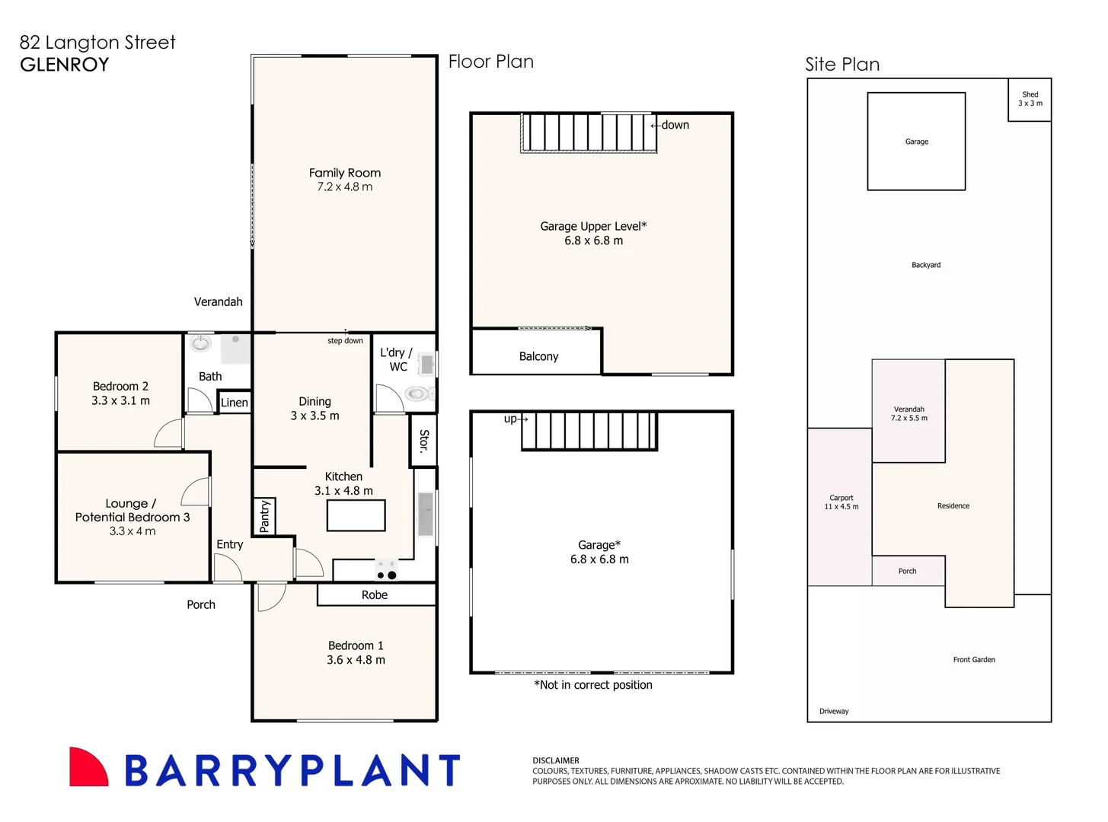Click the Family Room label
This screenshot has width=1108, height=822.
[x=344, y=173]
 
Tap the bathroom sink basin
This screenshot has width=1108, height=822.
[x=201, y=343]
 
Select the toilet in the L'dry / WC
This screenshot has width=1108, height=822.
[x=418, y=394]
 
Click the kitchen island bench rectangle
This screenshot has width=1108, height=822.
[x=356, y=515]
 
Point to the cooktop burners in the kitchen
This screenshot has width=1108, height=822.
[x=387, y=570]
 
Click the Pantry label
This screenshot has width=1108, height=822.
[x=264, y=516]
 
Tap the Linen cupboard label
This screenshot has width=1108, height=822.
[x=235, y=403]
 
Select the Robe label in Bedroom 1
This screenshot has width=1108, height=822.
[x=374, y=594]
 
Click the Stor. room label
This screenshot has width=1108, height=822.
[x=423, y=441]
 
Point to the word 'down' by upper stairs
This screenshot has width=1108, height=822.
[x=675, y=125]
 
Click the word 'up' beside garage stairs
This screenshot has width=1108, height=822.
[x=510, y=419]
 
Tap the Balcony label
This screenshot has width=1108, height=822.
[x=538, y=356]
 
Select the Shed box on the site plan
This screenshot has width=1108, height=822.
[x=1029, y=100]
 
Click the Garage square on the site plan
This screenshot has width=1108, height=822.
[x=915, y=142]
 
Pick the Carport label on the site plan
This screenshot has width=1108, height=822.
[x=841, y=498]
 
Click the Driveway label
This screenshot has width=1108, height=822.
[x=834, y=711]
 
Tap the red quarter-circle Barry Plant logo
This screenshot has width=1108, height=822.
[x=88, y=766]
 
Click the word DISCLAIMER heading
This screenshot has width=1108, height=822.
[x=555, y=760]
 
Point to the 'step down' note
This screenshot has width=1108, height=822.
[x=345, y=340]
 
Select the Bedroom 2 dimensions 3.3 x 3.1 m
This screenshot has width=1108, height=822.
[x=120, y=400]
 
